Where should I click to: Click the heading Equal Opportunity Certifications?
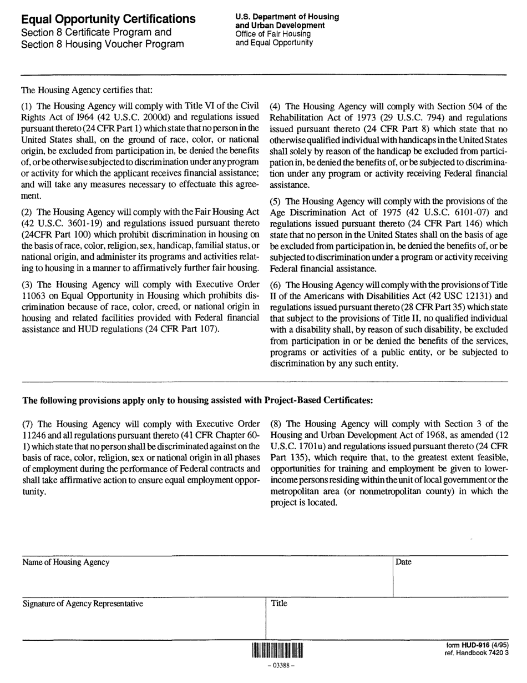108,19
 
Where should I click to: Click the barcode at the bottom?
277,650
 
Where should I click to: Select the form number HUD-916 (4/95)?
477,645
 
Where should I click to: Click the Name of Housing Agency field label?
65,562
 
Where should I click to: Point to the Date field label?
404,562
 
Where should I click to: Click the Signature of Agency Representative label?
82,604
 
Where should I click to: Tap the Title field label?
279,603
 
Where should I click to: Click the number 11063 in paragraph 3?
33,295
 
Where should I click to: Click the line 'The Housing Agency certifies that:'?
86,89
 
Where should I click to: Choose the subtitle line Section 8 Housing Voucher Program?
102,44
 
